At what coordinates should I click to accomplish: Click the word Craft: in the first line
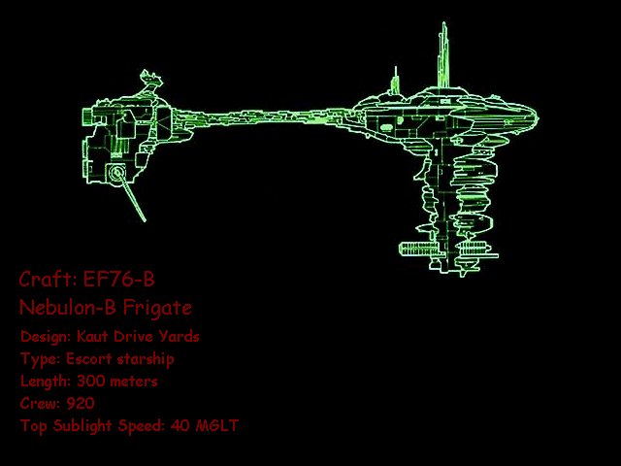(x=48, y=279)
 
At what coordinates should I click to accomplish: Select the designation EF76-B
(x=118, y=279)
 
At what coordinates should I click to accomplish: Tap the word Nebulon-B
(x=67, y=307)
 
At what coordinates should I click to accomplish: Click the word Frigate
(x=157, y=308)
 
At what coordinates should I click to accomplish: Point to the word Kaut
(x=92, y=337)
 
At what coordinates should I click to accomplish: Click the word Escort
(x=88, y=358)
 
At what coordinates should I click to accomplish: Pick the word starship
(x=146, y=359)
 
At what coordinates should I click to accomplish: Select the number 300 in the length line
(x=90, y=382)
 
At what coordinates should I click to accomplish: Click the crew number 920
(x=81, y=404)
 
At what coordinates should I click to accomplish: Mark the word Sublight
(x=82, y=426)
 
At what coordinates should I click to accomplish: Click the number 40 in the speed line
(x=180, y=425)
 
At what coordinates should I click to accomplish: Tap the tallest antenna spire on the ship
(x=443, y=55)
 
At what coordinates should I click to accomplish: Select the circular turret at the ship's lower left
(x=116, y=173)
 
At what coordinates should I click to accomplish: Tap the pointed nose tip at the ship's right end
(x=537, y=116)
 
